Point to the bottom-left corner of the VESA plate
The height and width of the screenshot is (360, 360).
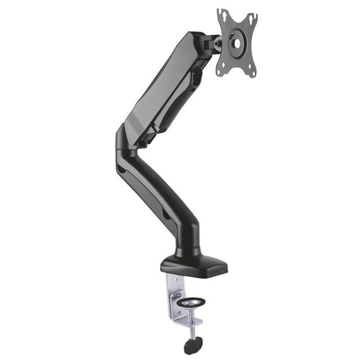220,72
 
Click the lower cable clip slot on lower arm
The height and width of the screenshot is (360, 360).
165,217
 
